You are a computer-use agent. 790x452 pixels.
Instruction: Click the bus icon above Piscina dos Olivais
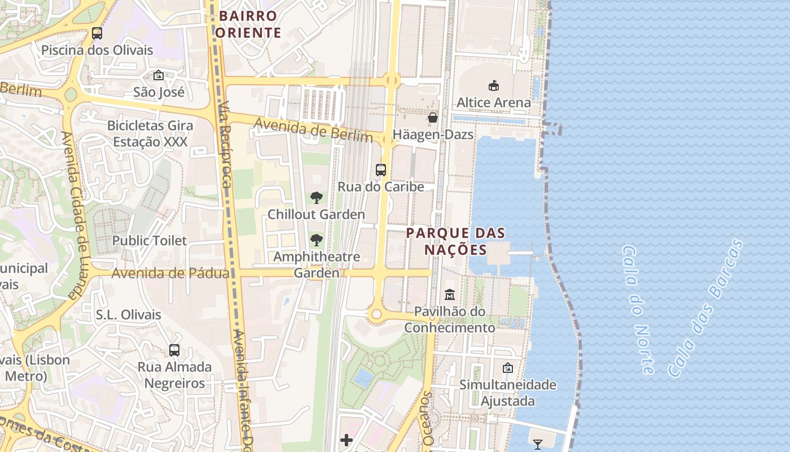pos(97,33)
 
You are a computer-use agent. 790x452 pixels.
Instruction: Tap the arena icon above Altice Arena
pos(494,86)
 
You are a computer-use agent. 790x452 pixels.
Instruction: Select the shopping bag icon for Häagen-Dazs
pos(433,118)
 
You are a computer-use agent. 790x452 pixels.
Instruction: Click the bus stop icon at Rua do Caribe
pos(381,169)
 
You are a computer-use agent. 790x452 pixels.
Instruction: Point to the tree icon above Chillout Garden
pos(317,198)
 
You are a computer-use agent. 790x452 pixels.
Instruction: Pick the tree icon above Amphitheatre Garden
pos(317,240)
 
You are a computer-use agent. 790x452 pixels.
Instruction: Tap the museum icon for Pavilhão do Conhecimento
pos(450,294)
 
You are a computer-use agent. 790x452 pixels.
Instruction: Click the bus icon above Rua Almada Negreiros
pos(174,350)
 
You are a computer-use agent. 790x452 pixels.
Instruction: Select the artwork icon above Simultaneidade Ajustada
pos(508,368)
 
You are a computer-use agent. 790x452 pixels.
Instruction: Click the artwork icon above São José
pos(159,75)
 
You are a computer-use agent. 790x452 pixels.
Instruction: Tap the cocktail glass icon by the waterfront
pos(537,445)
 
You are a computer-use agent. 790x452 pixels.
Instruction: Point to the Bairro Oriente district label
pos(248,24)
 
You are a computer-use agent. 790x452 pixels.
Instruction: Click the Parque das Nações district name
pos(455,241)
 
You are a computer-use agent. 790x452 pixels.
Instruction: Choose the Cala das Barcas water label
pos(705,308)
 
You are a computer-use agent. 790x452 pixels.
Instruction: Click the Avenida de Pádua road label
pos(170,273)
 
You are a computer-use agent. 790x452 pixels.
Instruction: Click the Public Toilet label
pos(149,241)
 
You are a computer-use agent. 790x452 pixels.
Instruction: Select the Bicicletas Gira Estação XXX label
pos(150,134)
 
